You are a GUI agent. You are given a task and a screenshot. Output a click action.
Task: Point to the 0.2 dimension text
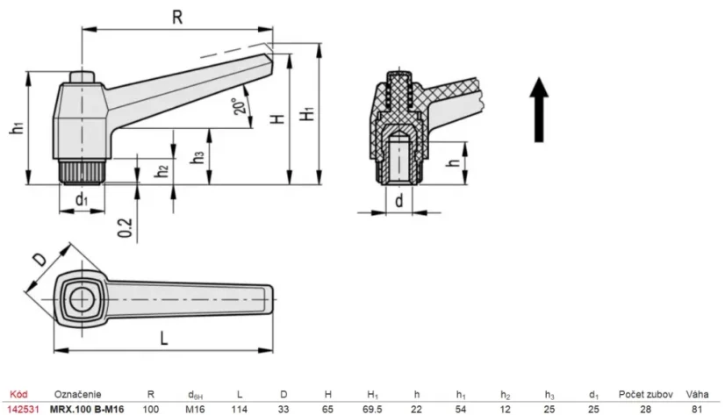126,226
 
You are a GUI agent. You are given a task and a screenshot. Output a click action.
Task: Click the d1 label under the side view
82,200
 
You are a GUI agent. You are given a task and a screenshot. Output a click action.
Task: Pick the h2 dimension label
162,171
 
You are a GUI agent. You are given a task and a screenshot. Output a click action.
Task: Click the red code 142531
21,409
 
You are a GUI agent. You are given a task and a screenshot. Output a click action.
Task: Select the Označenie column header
78,395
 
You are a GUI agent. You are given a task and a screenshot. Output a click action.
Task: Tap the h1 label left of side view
16,127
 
